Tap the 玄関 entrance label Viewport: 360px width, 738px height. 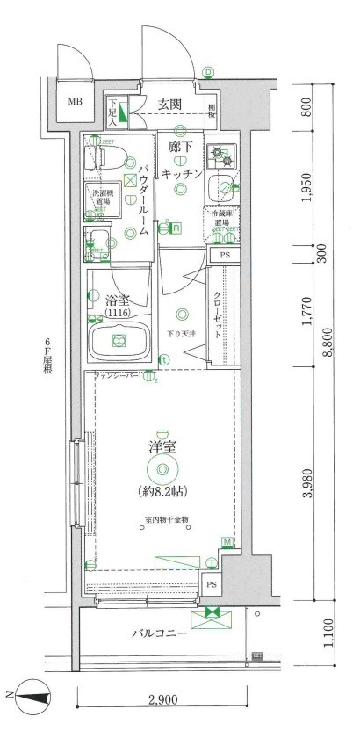[169, 103]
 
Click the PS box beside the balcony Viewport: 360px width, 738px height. [211, 584]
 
